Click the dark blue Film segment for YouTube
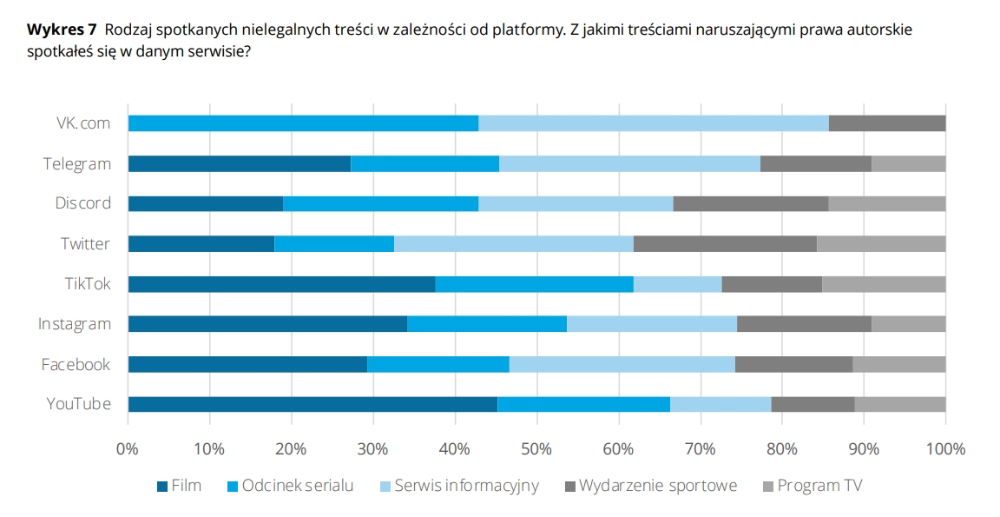click(x=312, y=404)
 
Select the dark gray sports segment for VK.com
click(x=887, y=123)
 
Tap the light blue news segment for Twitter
click(x=514, y=243)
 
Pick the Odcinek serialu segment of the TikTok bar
click(x=534, y=284)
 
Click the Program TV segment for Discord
click(x=887, y=203)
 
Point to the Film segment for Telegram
click(x=239, y=163)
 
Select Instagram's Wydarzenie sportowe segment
click(x=804, y=324)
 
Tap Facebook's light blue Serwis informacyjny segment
click(x=622, y=364)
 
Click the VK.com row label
click(x=78, y=123)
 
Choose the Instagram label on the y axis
click(x=75, y=324)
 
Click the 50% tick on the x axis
click(x=536, y=449)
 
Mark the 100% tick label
click(x=945, y=449)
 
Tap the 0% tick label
click(x=128, y=449)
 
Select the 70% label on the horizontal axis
click(x=701, y=449)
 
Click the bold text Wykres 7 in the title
click(x=62, y=30)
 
